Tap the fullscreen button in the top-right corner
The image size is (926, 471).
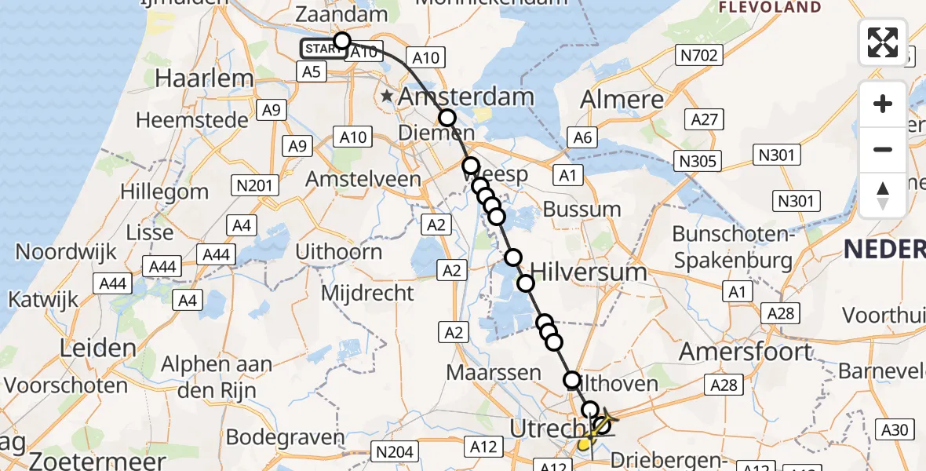point(883,42)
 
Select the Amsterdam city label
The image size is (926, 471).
point(467,97)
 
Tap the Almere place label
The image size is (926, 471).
point(622,99)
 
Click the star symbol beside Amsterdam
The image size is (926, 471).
point(388,97)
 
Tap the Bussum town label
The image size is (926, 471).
point(581,210)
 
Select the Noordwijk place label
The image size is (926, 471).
point(66,252)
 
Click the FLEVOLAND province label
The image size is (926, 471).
point(770,8)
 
